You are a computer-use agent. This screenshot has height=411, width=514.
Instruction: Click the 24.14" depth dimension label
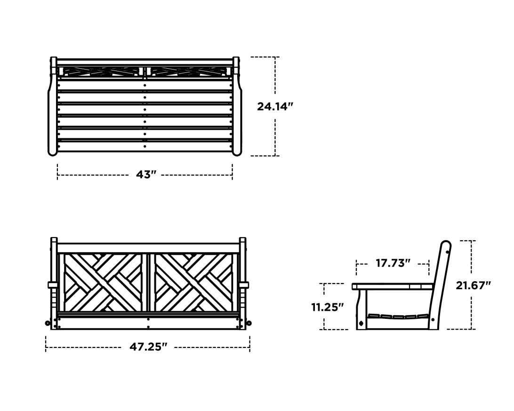click(275, 106)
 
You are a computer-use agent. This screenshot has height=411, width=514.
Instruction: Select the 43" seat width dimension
click(146, 174)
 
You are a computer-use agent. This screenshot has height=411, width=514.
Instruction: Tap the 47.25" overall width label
click(148, 347)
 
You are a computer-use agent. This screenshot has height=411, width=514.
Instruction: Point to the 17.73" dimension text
click(393, 263)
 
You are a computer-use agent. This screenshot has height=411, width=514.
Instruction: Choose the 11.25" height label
click(328, 307)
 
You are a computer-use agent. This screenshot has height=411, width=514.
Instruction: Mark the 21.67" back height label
click(473, 285)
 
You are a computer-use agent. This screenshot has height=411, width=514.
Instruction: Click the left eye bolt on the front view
click(48, 323)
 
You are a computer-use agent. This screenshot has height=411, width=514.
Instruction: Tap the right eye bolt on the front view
click(249, 323)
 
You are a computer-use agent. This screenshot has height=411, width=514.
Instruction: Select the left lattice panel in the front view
click(103, 282)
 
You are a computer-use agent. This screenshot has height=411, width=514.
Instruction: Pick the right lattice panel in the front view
click(193, 282)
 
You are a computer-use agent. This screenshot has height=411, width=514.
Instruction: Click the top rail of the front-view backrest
click(148, 248)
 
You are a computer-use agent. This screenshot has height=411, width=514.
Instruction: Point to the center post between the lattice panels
click(148, 282)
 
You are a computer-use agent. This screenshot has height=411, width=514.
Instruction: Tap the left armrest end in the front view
click(52, 285)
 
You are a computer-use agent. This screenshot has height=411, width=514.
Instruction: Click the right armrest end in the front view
click(244, 285)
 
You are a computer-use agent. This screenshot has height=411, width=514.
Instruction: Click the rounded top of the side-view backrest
click(445, 245)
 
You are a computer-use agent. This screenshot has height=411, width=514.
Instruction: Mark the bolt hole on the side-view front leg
click(361, 323)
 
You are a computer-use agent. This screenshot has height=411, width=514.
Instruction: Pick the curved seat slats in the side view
click(398, 316)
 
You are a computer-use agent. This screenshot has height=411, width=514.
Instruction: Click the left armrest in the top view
click(52, 108)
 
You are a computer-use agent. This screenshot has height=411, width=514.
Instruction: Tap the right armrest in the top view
click(237, 108)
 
